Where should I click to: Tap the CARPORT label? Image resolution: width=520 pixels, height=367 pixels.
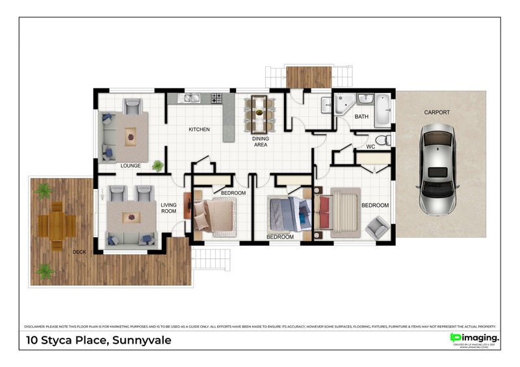437,112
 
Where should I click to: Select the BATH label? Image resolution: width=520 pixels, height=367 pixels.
361,117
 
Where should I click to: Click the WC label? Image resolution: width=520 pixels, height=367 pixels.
371,147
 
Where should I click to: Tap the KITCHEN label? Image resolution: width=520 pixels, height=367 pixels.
199,130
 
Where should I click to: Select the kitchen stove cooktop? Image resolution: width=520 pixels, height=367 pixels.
216,98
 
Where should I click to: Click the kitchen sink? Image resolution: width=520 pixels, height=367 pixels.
190,99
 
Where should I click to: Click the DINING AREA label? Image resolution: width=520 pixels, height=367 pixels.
261,142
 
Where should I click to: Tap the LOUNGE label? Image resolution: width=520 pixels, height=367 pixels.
131,166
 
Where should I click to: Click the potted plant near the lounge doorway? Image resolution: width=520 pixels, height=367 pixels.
158,166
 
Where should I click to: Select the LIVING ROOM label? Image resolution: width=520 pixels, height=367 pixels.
168,208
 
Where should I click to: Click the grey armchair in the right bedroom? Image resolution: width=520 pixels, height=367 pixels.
377,227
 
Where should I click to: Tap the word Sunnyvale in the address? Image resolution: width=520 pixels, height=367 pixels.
142,340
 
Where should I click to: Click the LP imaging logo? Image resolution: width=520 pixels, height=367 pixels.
474,338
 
